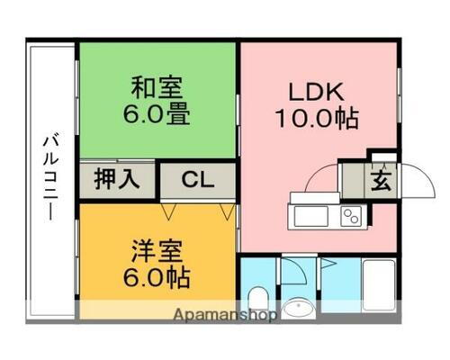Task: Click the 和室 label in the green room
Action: tap(157, 89)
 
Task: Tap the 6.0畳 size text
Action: tap(157, 116)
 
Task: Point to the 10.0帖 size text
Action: tap(316, 118)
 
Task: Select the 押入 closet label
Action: tap(119, 178)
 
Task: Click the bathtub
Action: tap(378, 288)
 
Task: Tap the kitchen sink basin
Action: tap(310, 216)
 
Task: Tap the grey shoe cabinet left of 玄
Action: tap(353, 180)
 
